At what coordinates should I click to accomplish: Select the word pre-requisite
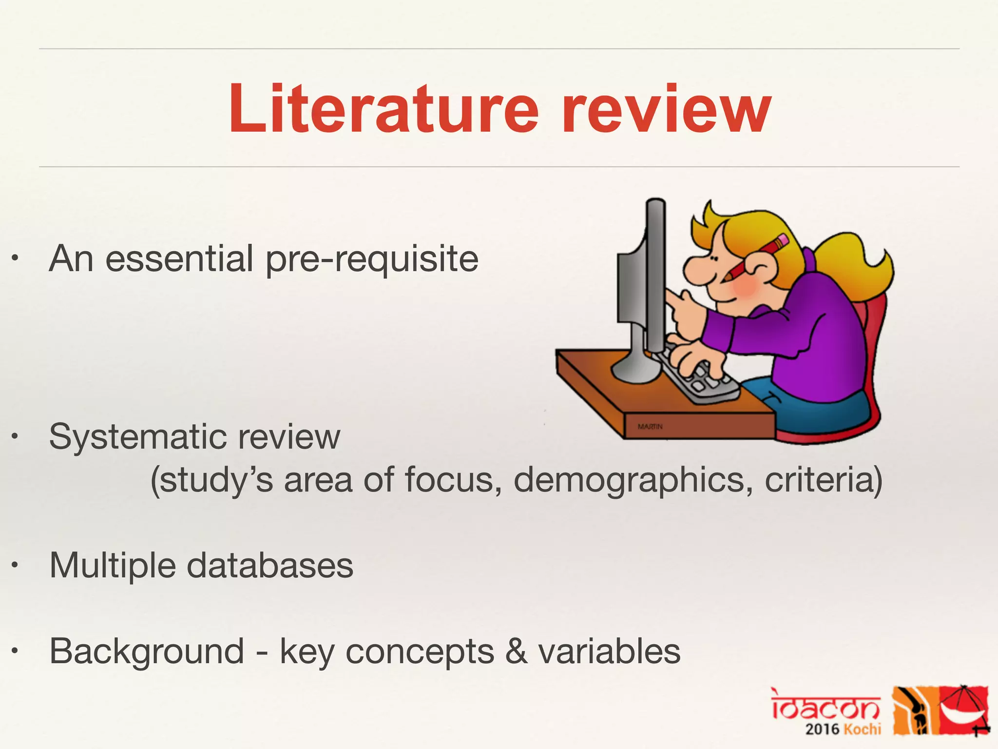click(x=372, y=259)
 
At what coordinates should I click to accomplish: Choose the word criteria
click(x=823, y=480)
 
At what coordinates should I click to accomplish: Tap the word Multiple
click(x=113, y=566)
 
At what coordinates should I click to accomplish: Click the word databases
click(x=270, y=566)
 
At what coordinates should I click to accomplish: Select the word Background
click(x=147, y=652)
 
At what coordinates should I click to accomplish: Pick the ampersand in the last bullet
click(x=516, y=651)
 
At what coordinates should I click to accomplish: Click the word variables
click(x=609, y=651)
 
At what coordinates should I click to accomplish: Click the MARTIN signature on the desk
click(x=650, y=427)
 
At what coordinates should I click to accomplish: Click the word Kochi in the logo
click(x=862, y=729)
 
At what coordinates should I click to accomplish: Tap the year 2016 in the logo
click(x=822, y=729)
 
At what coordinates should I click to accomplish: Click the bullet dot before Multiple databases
click(x=16, y=566)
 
